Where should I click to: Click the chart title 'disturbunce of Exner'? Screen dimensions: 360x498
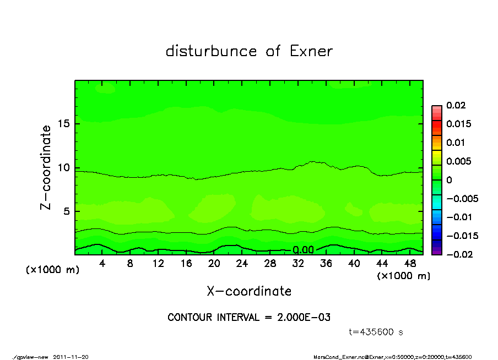[249, 51]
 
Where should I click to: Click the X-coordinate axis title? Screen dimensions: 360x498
[249, 291]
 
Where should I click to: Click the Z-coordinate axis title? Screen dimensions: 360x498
[46, 167]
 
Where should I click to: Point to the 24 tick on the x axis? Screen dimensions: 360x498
[242, 264]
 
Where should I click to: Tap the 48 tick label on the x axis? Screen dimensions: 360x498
[409, 264]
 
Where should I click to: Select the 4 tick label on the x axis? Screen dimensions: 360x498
[102, 264]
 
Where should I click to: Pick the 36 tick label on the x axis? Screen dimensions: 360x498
[326, 264]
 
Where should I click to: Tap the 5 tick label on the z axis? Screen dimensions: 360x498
[67, 211]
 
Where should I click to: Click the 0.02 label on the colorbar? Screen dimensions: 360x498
[457, 105]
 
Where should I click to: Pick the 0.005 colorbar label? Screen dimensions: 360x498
[458, 161]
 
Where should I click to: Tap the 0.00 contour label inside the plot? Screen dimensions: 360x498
[303, 250]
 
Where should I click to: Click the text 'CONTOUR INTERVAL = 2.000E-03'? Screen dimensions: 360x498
[249, 318]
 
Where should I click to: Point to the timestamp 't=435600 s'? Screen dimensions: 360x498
[376, 332]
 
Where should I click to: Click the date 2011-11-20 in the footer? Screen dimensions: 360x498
[71, 357]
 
